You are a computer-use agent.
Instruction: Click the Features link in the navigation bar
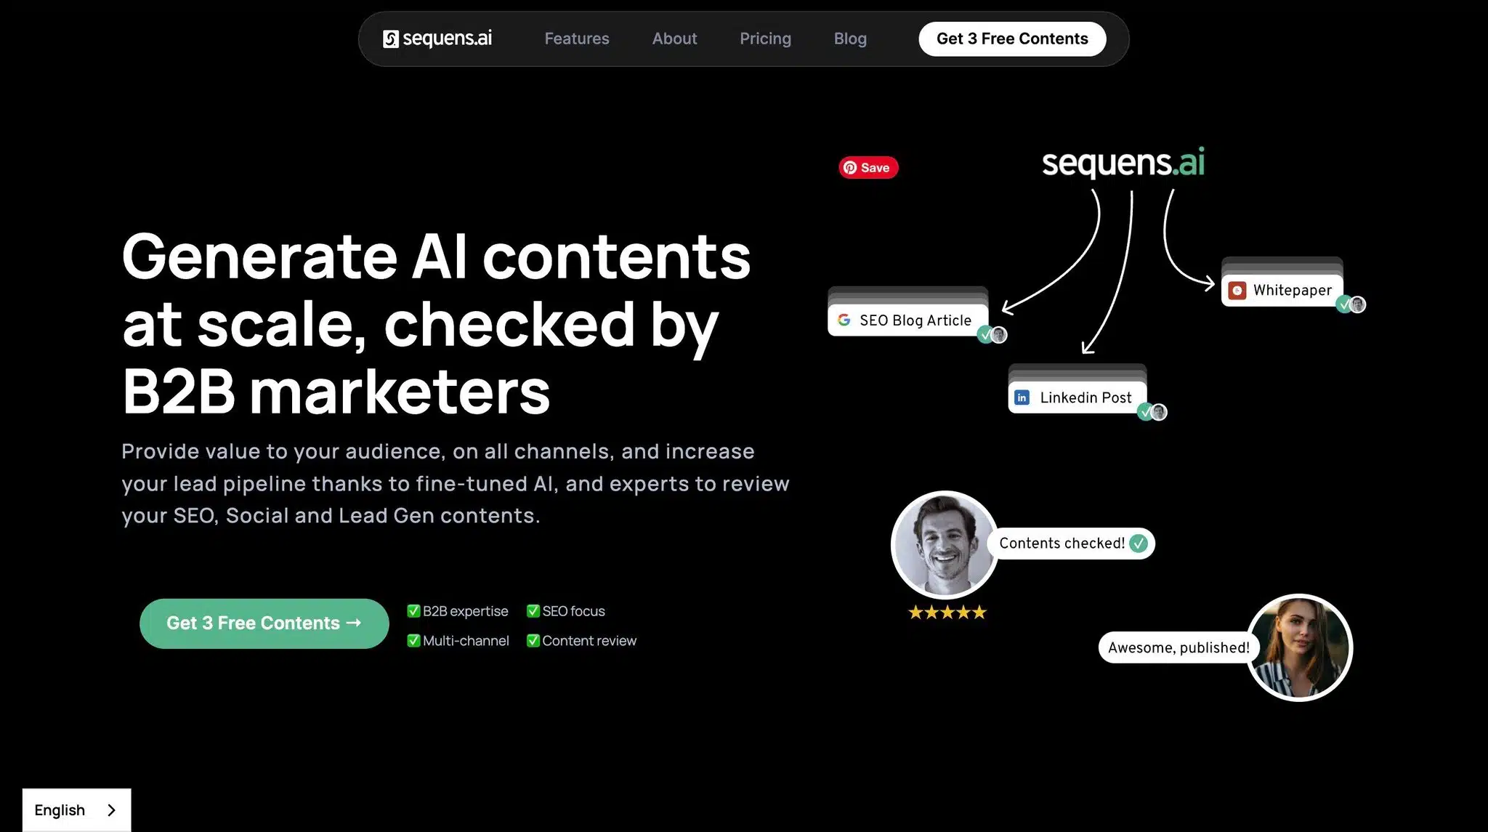(577, 39)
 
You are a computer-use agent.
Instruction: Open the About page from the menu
(674, 39)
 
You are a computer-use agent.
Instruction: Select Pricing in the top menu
(765, 39)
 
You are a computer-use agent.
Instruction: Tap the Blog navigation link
(850, 39)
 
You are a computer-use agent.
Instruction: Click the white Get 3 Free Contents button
(1012, 39)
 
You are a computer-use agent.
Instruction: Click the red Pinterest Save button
(868, 168)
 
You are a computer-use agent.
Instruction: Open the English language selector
(76, 809)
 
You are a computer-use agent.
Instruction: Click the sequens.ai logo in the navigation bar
(437, 39)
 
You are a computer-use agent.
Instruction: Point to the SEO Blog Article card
(907, 320)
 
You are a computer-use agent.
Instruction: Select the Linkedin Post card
(1077, 397)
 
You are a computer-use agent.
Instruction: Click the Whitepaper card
(1282, 291)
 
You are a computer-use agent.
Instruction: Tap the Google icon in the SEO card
(844, 320)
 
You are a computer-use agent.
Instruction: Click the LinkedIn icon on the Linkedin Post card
(1022, 397)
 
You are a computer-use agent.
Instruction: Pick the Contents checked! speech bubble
(1072, 544)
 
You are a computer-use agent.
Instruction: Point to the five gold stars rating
(947, 613)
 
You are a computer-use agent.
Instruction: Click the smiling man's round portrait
(945, 544)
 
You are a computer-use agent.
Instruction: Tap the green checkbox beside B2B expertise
(413, 611)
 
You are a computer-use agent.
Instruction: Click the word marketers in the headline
(400, 392)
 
